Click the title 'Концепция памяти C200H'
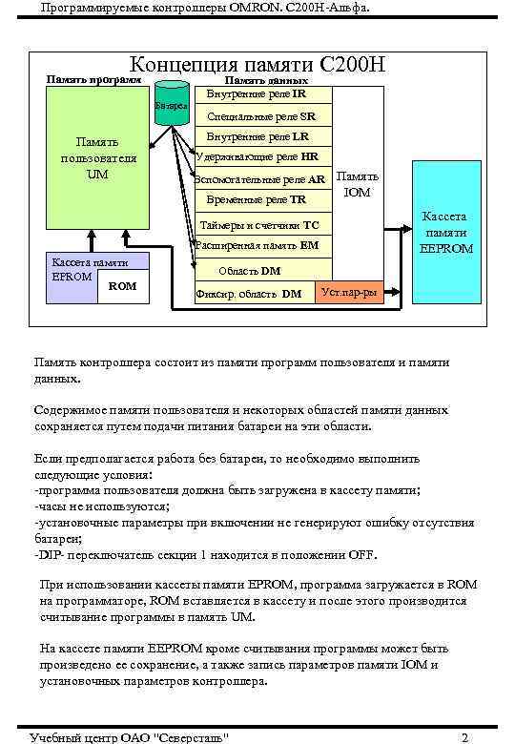tap(257, 65)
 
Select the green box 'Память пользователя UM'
tap(97, 158)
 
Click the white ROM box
tap(123, 286)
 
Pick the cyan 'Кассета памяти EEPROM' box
tap(447, 232)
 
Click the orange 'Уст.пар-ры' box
tap(349, 292)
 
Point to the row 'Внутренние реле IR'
tap(257, 94)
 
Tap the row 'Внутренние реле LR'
tap(257, 136)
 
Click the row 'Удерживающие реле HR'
tap(257, 156)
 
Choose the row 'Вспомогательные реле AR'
tap(259, 178)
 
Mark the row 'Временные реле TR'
tap(257, 200)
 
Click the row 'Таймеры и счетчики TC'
tap(259, 226)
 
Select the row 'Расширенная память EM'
tap(257, 246)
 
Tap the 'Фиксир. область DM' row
tap(249, 293)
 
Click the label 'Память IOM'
tap(358, 185)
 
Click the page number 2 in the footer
tap(463, 736)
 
